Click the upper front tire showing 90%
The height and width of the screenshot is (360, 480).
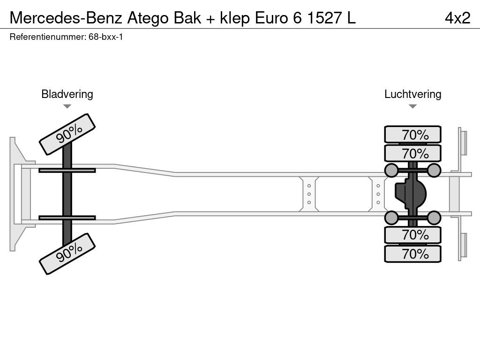coord(67,134)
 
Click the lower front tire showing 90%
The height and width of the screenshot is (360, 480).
coord(67,253)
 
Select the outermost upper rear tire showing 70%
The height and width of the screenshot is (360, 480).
coord(412,135)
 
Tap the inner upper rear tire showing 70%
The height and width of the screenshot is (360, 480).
coord(412,153)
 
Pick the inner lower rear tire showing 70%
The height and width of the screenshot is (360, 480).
coord(412,234)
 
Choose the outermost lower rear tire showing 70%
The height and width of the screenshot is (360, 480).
coord(412,254)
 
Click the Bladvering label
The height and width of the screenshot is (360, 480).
coord(67,94)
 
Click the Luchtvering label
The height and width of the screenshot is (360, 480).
coord(412,94)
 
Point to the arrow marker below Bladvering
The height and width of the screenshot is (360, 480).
coord(67,106)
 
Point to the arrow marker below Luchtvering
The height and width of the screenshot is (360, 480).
coord(412,106)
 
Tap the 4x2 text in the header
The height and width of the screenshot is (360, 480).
coord(457,18)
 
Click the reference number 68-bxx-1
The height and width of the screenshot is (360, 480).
coord(105,37)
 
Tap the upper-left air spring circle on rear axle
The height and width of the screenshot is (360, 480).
coord(391,170)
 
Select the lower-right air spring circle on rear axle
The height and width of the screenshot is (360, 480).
coord(434,217)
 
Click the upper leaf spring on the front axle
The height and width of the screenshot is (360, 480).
coord(67,170)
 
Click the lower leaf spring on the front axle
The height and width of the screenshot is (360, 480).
coord(67,217)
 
